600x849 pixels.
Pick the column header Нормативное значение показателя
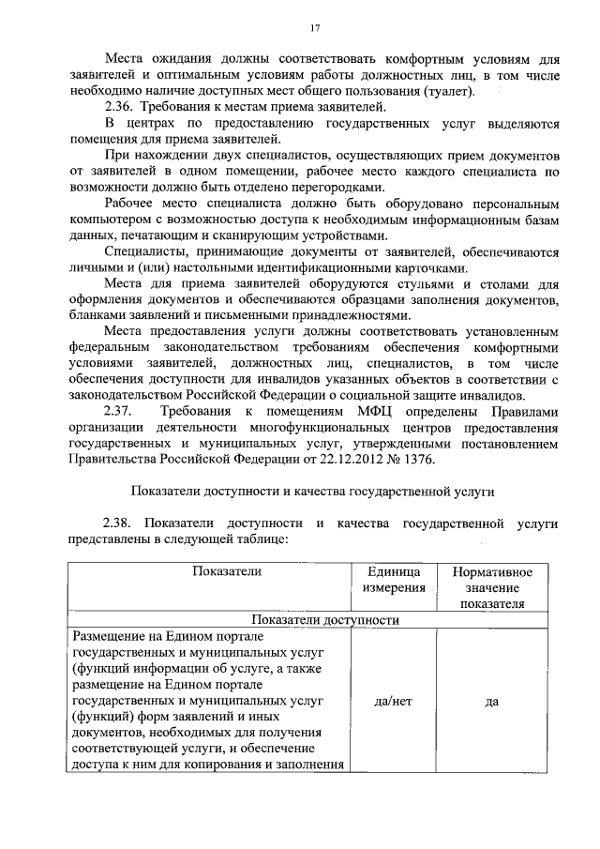[x=491, y=587]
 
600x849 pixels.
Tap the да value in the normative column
[x=491, y=700]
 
